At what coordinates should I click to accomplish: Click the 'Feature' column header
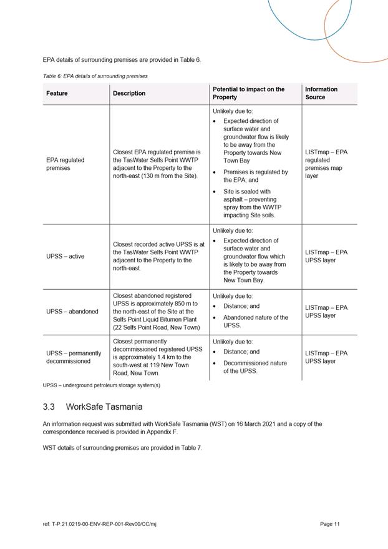click(57, 94)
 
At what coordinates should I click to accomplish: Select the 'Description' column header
click(129, 94)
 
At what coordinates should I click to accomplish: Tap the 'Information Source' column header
click(321, 93)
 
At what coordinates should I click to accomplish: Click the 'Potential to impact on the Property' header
click(248, 93)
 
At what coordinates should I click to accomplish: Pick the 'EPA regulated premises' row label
click(65, 164)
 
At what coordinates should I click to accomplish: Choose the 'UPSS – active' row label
click(65, 256)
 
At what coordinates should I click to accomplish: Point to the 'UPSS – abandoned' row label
click(72, 311)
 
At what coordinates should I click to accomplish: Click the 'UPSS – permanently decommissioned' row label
click(74, 357)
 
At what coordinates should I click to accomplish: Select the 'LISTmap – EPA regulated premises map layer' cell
click(326, 164)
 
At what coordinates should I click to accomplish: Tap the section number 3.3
click(49, 407)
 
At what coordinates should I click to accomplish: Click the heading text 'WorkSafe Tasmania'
click(104, 407)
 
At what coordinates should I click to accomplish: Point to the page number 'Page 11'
click(330, 524)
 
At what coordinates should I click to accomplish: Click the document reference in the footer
click(99, 524)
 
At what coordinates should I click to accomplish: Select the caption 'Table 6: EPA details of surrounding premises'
click(95, 76)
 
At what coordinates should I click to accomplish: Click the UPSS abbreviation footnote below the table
click(102, 385)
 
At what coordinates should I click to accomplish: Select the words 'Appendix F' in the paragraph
click(161, 431)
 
